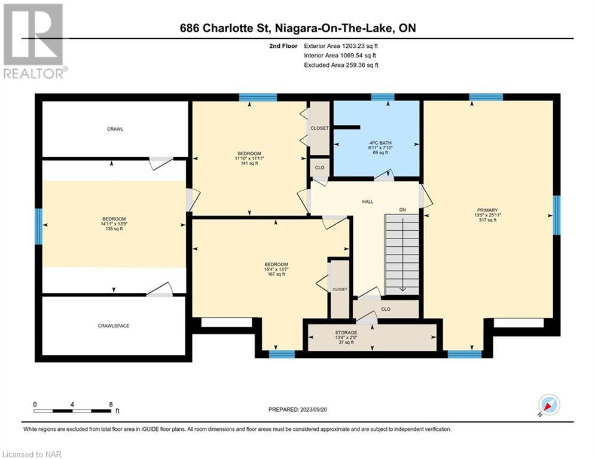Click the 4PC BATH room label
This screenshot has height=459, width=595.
pyautogui.click(x=380, y=143)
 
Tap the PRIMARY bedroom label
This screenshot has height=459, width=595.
pyautogui.click(x=487, y=210)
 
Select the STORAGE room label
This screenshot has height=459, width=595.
pyautogui.click(x=346, y=333)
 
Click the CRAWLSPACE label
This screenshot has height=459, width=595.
pyautogui.click(x=114, y=326)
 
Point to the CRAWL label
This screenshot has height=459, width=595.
pyautogui.click(x=115, y=129)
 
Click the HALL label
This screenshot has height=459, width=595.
pyautogui.click(x=368, y=202)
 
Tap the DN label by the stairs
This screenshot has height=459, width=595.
pyautogui.click(x=402, y=210)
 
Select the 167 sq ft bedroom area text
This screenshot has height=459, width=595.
pyautogui.click(x=276, y=274)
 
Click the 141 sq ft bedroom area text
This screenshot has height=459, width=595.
pyautogui.click(x=249, y=163)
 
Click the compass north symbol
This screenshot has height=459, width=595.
pyautogui.click(x=549, y=405)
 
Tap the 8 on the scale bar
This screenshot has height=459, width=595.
pyautogui.click(x=111, y=405)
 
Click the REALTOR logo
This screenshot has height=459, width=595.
pyautogui.click(x=35, y=41)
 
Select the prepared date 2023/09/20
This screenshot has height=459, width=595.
pyautogui.click(x=313, y=409)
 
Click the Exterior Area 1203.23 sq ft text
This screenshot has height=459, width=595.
pyautogui.click(x=341, y=46)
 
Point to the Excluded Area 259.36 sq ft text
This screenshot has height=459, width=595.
pyautogui.click(x=341, y=65)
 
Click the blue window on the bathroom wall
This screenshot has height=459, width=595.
pyautogui.click(x=383, y=97)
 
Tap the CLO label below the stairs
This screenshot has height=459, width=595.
pyautogui.click(x=386, y=309)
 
